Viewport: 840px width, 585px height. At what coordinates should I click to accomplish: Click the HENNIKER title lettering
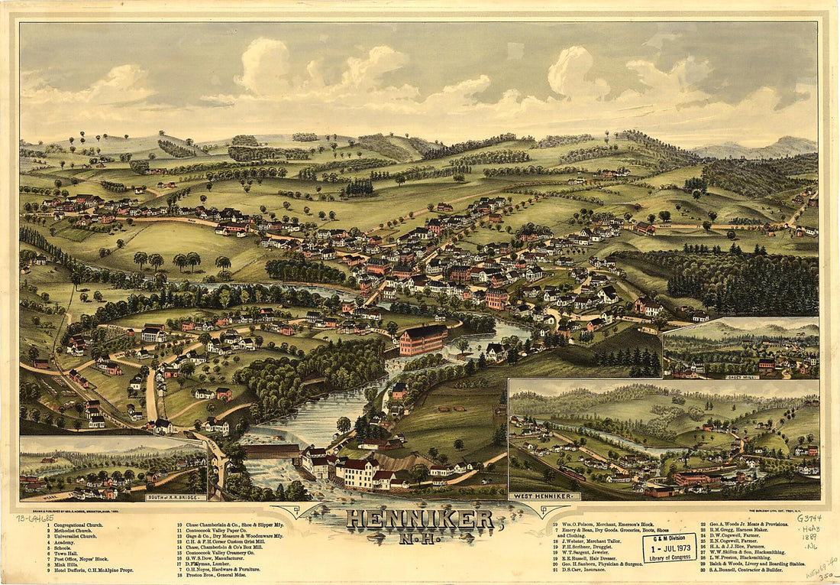tap(420, 519)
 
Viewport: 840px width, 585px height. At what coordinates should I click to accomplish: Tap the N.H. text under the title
tap(420, 538)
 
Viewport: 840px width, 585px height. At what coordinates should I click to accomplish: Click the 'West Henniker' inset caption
tap(544, 496)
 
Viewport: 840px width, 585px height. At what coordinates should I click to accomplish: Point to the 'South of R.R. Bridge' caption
tap(175, 497)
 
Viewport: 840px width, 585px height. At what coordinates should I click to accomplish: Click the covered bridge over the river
tap(272, 451)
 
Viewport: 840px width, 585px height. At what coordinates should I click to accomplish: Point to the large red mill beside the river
tap(424, 340)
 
